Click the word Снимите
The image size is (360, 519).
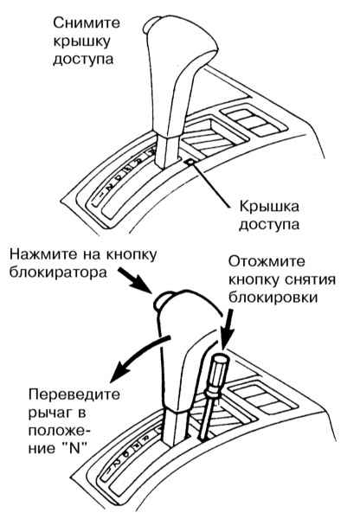[x=87, y=23]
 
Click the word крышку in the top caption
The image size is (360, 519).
[x=81, y=42]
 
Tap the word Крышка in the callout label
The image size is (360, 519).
[x=269, y=207]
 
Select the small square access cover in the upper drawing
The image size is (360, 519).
[x=191, y=162]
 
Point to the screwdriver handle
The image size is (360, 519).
[x=216, y=374]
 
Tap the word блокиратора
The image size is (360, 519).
[x=58, y=272]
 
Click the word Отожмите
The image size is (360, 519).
[x=267, y=261]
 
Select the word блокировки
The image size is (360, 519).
[x=273, y=298]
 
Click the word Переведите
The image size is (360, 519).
[x=74, y=394]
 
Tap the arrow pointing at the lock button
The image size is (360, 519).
[x=134, y=280]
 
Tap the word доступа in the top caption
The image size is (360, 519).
[x=83, y=60]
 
